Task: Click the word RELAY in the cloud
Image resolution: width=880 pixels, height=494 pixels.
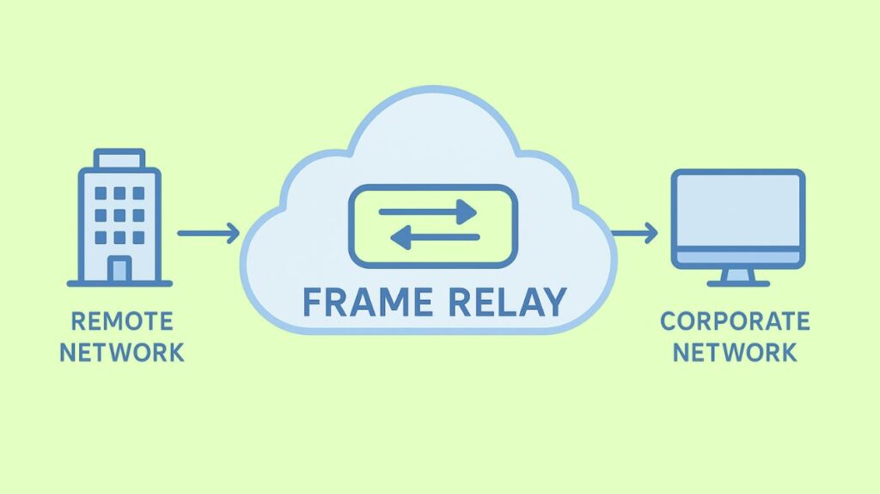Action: [x=507, y=302]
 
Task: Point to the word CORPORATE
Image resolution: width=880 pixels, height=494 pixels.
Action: [x=735, y=322]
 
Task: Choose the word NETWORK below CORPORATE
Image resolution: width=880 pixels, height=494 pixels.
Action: [x=735, y=352]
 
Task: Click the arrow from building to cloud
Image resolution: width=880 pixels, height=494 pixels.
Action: [x=208, y=233]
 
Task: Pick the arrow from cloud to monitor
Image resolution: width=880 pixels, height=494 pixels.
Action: [x=634, y=233]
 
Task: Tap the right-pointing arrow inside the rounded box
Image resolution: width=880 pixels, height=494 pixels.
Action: [x=428, y=209]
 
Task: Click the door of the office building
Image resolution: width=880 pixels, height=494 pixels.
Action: [x=119, y=269]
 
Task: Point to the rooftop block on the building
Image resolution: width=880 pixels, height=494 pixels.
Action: [x=119, y=159]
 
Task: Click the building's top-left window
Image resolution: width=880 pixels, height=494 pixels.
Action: [x=101, y=193]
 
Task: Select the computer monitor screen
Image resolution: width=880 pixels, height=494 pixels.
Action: [x=738, y=210]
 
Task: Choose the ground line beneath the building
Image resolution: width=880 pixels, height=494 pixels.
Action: [x=119, y=284]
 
